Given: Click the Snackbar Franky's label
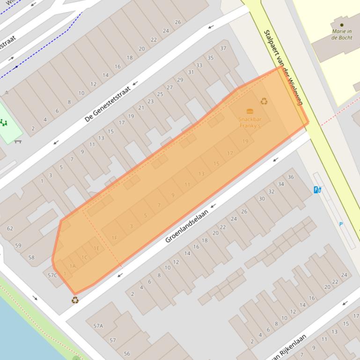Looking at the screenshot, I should [250, 122].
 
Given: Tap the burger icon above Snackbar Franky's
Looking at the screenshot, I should [250, 111].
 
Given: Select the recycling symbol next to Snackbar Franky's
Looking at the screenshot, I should [264, 101].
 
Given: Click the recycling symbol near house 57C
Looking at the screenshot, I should [75, 300].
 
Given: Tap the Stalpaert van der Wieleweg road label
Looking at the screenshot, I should [284, 67].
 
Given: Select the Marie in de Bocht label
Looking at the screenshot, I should [342, 35].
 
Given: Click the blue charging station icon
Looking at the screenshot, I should [317, 189].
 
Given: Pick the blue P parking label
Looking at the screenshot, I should [341, 224].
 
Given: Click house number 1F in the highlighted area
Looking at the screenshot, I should [114, 238].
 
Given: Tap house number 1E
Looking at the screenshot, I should [96, 248].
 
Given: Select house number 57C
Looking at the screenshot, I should [52, 275].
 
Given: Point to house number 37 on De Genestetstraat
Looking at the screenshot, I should [223, 48].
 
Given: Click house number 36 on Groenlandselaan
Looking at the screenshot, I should [291, 177].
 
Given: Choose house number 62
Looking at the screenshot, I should [10, 229].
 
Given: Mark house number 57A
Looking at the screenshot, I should [98, 326].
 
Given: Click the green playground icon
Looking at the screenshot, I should [4, 123].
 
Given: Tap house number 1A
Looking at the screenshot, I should [73, 266].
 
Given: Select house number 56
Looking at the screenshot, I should [126, 353].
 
